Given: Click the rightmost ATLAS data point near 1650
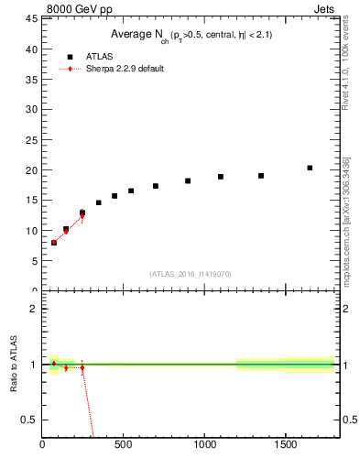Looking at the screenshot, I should click(310, 168).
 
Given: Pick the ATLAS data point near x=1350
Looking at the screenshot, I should click(261, 176).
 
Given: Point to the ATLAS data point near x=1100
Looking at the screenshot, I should click(221, 177).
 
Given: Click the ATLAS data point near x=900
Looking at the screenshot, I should click(188, 181).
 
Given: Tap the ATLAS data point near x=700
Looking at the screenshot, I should click(156, 186).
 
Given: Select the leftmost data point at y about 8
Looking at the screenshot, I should click(54, 243).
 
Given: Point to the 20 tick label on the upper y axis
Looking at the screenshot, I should click(31, 170).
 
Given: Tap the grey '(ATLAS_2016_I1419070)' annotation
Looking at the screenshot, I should click(191, 274).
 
